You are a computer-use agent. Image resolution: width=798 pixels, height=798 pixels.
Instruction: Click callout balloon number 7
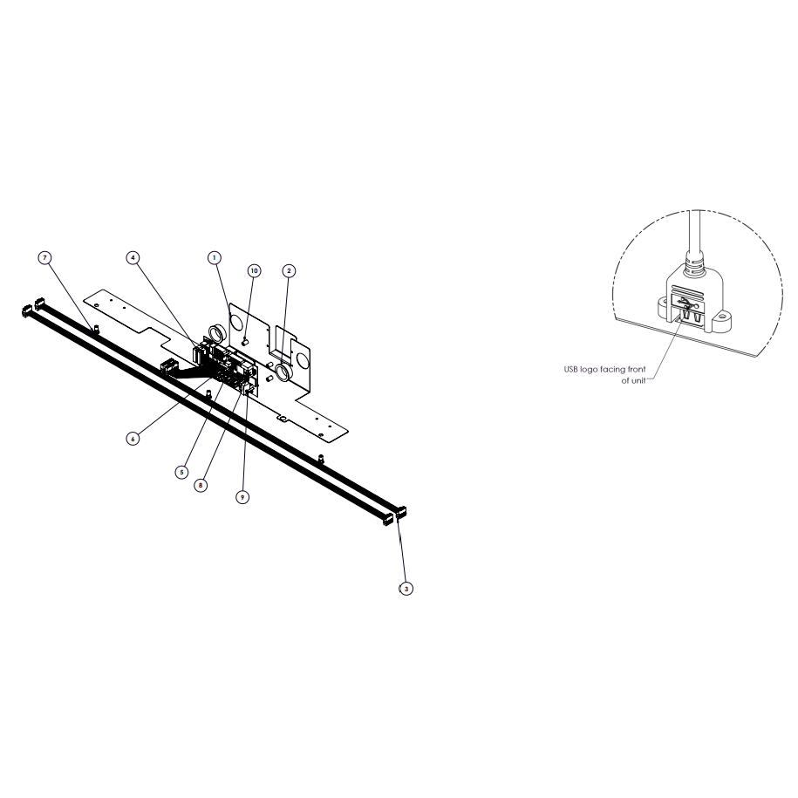44,258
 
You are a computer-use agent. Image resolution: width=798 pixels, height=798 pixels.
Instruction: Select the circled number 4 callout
133,258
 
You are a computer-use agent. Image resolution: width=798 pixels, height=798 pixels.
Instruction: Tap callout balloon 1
215,258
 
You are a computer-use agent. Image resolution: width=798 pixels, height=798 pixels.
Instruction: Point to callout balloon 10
255,270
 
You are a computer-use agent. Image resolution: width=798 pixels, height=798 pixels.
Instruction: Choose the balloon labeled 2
289,270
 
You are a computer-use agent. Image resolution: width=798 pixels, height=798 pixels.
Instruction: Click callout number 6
133,439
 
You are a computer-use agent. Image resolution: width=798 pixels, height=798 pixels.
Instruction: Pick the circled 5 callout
181,473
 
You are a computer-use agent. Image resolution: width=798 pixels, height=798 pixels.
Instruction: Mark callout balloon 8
201,486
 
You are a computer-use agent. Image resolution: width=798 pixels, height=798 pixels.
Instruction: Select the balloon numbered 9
242,497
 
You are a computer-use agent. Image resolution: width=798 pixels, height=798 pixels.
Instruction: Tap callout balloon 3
406,589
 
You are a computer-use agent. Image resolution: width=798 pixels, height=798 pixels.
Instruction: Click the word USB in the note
571,370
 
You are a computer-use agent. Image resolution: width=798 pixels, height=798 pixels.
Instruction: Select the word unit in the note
638,380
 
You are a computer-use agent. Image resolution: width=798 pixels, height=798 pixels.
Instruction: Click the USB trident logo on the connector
688,304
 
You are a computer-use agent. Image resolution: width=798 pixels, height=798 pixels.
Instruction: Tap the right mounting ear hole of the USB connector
721,320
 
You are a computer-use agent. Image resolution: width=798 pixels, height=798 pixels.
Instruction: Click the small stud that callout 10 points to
244,342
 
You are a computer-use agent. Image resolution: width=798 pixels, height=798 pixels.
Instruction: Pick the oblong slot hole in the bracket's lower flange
282,419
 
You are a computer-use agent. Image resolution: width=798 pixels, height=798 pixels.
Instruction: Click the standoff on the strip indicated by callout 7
95,329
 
